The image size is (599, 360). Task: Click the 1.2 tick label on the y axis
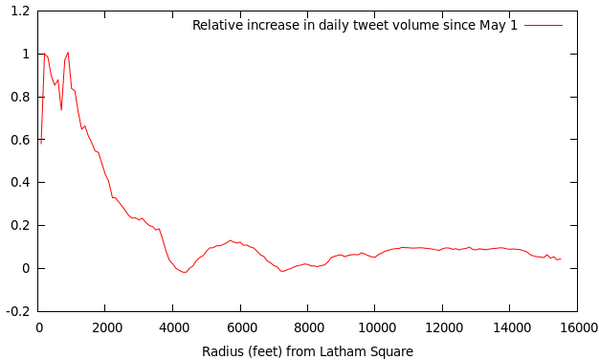[x=20, y=11]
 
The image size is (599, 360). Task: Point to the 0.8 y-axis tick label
[x=20, y=97]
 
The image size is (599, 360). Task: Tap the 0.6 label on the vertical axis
[x=20, y=140]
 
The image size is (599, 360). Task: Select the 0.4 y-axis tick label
[x=20, y=183]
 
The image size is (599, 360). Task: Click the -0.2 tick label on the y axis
[x=18, y=311]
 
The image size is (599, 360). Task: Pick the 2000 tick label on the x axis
[x=105, y=328]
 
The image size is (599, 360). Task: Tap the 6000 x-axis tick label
[x=240, y=328]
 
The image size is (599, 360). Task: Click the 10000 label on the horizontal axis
[x=374, y=328]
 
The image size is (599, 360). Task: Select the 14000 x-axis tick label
[x=510, y=328]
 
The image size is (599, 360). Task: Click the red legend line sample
[x=544, y=26]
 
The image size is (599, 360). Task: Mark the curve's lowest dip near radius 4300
[x=185, y=272]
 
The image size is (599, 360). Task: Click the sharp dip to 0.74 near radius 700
[x=61, y=110]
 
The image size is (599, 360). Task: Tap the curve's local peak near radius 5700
[x=230, y=240]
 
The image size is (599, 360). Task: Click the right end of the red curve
[x=560, y=259]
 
